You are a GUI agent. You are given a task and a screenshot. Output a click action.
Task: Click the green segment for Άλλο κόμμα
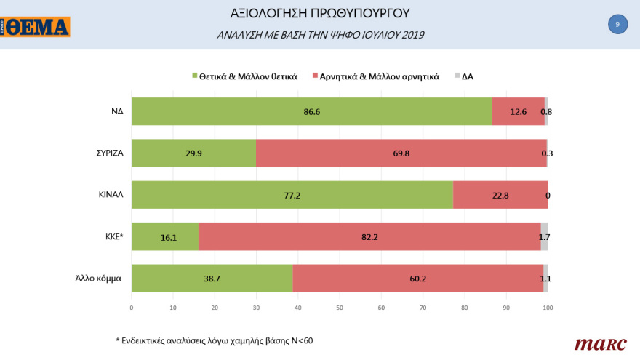click(211, 279)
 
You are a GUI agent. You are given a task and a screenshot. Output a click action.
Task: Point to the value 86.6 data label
click(312, 111)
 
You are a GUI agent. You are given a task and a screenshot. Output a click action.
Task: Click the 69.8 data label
click(401, 153)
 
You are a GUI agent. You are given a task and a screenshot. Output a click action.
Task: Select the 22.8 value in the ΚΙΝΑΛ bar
click(500, 195)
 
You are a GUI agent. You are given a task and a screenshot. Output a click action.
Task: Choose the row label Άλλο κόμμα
click(97, 279)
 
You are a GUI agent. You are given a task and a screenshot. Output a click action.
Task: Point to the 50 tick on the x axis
click(340, 308)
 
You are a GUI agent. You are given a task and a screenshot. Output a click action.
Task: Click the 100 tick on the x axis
click(548, 308)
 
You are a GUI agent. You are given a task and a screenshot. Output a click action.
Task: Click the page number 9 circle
click(617, 25)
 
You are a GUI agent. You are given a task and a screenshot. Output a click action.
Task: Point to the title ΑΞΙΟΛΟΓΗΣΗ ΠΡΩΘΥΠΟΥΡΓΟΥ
click(320, 13)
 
